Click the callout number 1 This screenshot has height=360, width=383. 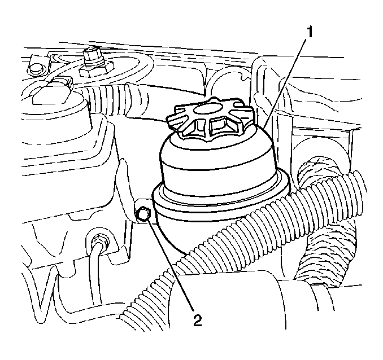(310, 33)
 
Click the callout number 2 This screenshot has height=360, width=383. (197, 320)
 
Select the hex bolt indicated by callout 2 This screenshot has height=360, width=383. (143, 213)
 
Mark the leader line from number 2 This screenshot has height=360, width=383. (170, 265)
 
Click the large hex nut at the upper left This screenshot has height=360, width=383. (96, 69)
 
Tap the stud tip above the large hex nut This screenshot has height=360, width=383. (91, 52)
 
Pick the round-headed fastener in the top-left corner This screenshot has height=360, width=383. (35, 69)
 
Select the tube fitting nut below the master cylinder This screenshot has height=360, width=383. (99, 240)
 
